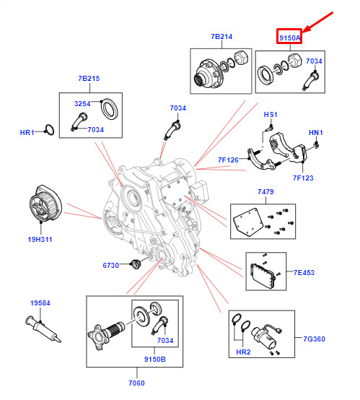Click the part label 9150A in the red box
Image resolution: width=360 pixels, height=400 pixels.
pyautogui.click(x=289, y=38)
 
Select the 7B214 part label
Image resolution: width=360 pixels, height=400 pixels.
pyautogui.click(x=221, y=37)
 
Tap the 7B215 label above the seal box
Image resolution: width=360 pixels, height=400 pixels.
pyautogui.click(x=89, y=78)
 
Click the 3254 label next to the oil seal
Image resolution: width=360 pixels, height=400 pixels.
pyautogui.click(x=82, y=103)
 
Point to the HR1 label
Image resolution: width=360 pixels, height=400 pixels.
pyautogui.click(x=27, y=132)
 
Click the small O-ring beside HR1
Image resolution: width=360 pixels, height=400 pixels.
pyautogui.click(x=49, y=130)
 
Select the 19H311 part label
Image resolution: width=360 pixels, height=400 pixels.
pyautogui.click(x=40, y=239)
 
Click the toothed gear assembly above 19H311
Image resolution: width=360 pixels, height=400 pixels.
pyautogui.click(x=45, y=204)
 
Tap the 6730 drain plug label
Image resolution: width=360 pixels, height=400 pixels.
pyautogui.click(x=110, y=265)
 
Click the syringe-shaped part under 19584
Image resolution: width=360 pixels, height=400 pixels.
pyautogui.click(x=43, y=329)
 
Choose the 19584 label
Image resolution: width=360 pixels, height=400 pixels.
pyautogui.click(x=40, y=303)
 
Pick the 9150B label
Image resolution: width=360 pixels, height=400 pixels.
pyautogui.click(x=155, y=359)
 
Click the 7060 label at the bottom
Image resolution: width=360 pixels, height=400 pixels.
pyautogui.click(x=136, y=383)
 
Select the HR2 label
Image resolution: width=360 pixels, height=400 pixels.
pyautogui.click(x=243, y=352)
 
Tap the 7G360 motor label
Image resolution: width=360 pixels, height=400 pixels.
pyautogui.click(x=314, y=339)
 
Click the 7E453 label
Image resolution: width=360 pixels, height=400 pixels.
pyautogui.click(x=304, y=272)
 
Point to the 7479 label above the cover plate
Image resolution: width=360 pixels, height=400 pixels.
pyautogui.click(x=265, y=191)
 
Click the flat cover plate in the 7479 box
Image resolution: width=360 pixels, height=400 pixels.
pyautogui.click(x=249, y=222)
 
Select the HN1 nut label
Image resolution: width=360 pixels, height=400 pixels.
pyautogui.click(x=316, y=133)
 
